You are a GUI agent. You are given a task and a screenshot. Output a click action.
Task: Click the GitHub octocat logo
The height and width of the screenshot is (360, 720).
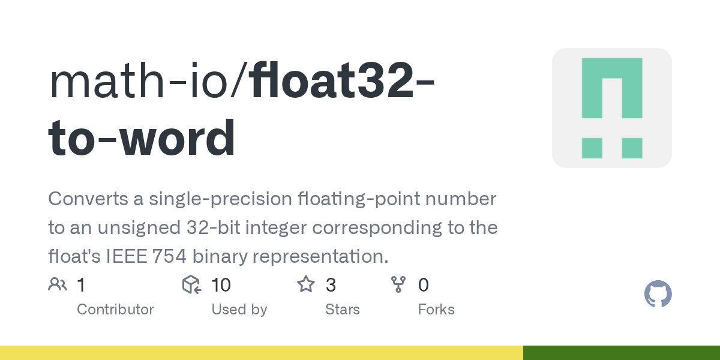point(658,295)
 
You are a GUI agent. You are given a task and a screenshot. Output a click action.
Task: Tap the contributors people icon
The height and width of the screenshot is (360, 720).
point(58,284)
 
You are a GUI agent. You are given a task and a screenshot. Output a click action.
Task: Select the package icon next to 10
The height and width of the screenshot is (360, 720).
point(191,284)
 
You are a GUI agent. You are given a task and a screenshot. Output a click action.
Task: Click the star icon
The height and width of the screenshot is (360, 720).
point(306,284)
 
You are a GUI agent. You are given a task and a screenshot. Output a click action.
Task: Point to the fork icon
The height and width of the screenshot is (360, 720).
point(398,284)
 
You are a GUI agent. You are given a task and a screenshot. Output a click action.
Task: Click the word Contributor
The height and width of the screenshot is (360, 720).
point(115,310)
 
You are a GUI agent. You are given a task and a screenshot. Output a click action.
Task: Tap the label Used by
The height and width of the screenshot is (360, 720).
point(239,310)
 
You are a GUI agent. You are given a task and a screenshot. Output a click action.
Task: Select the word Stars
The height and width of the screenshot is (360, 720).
point(342,310)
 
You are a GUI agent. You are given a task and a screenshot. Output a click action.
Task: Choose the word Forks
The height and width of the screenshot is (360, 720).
point(436,310)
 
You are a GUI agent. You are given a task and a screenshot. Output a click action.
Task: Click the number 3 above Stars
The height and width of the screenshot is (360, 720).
point(331,285)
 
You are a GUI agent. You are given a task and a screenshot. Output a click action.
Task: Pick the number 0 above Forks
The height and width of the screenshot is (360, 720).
point(424,285)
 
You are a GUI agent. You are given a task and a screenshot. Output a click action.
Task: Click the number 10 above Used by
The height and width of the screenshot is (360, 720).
point(221,285)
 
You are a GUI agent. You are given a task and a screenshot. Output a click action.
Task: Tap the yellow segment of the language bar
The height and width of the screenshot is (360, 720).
point(261,353)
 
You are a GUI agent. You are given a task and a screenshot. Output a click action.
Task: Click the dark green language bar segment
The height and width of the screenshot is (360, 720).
point(622,353)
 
